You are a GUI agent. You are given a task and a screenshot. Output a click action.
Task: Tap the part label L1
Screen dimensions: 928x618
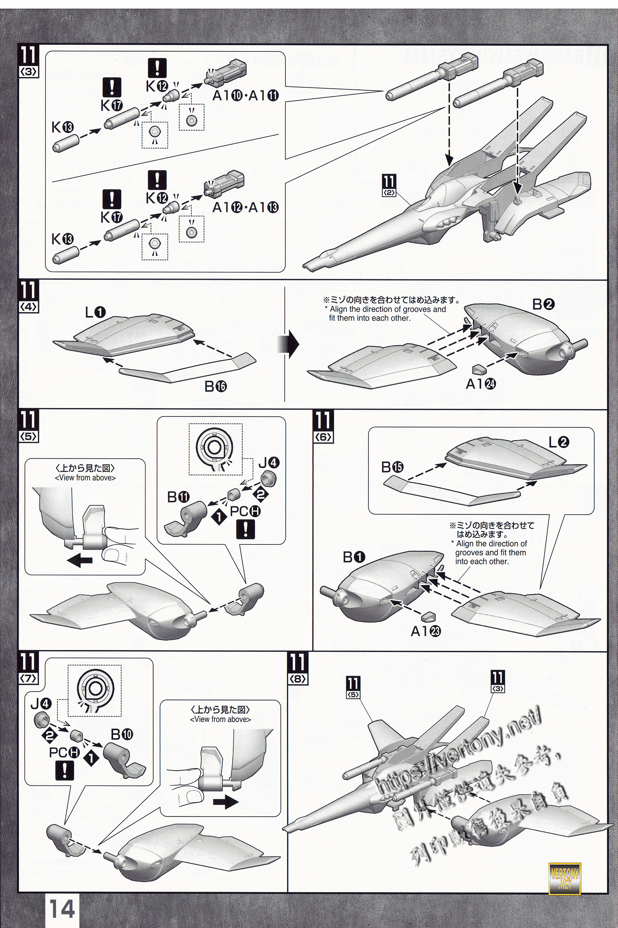95,312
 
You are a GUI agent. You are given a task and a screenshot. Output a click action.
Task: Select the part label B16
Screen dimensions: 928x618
216,386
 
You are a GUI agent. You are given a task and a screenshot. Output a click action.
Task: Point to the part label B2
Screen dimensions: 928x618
543,304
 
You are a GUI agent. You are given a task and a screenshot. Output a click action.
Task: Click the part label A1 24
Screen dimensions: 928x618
480,384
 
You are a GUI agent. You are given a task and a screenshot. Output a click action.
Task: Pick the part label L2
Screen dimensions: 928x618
559,442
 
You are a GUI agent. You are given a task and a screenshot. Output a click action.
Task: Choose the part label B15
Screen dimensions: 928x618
392,467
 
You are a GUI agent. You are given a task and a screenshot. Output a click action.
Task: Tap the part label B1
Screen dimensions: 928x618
354,557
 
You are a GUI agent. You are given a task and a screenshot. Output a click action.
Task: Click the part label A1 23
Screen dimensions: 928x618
426,631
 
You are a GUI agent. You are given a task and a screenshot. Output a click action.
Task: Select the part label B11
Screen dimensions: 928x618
178,497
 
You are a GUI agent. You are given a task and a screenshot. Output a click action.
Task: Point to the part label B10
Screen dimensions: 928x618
122,734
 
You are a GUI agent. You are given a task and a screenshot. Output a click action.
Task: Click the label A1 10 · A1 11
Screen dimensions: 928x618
245,95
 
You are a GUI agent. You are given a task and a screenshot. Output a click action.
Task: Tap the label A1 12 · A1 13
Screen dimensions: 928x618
245,207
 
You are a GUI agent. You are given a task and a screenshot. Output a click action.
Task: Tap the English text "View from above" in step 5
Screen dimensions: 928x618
85,478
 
